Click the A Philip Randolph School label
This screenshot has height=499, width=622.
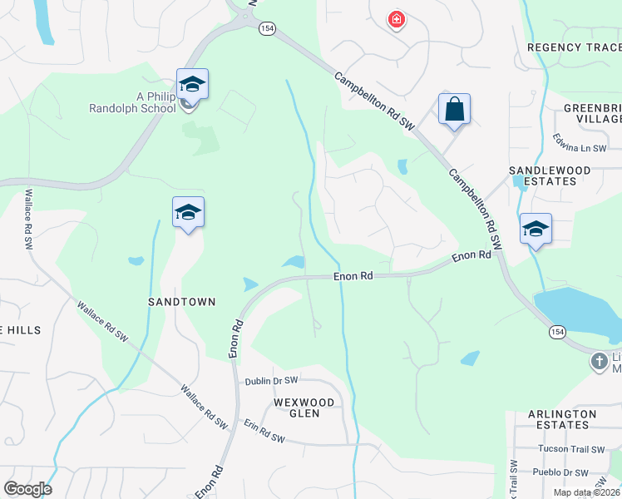tap(133, 101)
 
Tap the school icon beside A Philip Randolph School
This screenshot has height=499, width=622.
tap(192, 85)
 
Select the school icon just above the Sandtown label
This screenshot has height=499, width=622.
tap(188, 214)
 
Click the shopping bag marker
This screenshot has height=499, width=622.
tap(454, 110)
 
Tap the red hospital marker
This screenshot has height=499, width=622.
tap(397, 19)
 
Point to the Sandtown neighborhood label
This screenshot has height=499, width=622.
tap(182, 301)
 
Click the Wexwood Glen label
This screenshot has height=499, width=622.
tap(304, 408)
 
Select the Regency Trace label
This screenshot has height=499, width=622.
tap(574, 47)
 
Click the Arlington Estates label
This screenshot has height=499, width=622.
tap(562, 419)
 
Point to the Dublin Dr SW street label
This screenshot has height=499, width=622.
tap(271, 381)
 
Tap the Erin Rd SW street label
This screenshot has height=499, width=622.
tap(264, 438)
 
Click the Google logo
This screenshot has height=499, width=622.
tap(27, 489)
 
